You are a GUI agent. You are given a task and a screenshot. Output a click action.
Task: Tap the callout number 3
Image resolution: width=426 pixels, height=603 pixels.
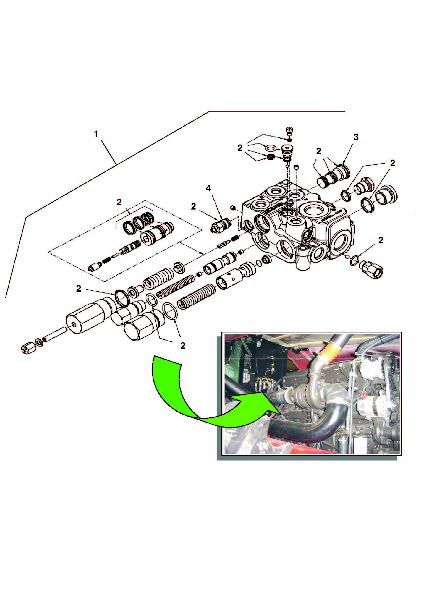coord(356,137)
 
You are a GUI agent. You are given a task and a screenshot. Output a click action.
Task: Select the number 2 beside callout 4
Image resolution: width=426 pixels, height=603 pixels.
coord(194,207)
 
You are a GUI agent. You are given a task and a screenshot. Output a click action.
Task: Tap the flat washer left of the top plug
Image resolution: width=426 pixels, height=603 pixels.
coord(270,149)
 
